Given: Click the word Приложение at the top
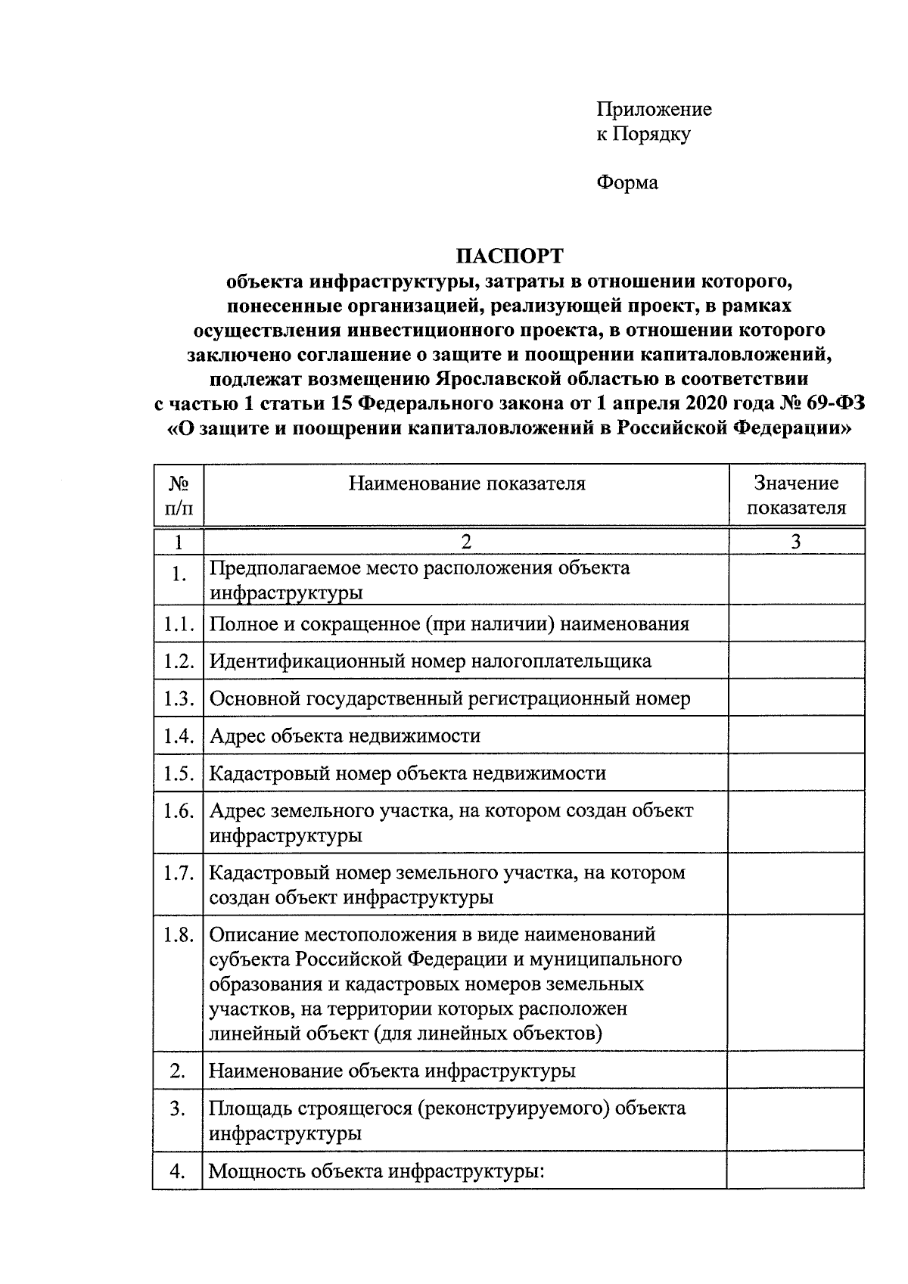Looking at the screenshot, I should (654, 110).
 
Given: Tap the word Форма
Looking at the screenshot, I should (627, 182).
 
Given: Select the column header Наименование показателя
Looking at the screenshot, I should (466, 483).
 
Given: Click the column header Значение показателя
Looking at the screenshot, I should (796, 495).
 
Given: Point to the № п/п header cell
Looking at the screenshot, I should (178, 495).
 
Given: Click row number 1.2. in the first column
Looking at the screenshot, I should (179, 661).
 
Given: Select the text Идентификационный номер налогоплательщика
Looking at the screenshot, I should (430, 661).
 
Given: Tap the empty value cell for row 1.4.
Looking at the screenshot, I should (796, 735).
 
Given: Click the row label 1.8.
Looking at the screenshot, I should (179, 935).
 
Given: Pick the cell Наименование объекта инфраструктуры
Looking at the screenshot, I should (391, 1071).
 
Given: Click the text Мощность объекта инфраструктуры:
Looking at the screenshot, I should (376, 1172).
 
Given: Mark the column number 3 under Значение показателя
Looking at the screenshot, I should (796, 542).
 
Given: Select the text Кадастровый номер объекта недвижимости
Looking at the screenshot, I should (407, 773).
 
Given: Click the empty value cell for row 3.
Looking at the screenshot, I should (796, 1121).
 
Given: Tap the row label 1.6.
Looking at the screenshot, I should (179, 811).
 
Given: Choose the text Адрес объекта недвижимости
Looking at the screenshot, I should (344, 735).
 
